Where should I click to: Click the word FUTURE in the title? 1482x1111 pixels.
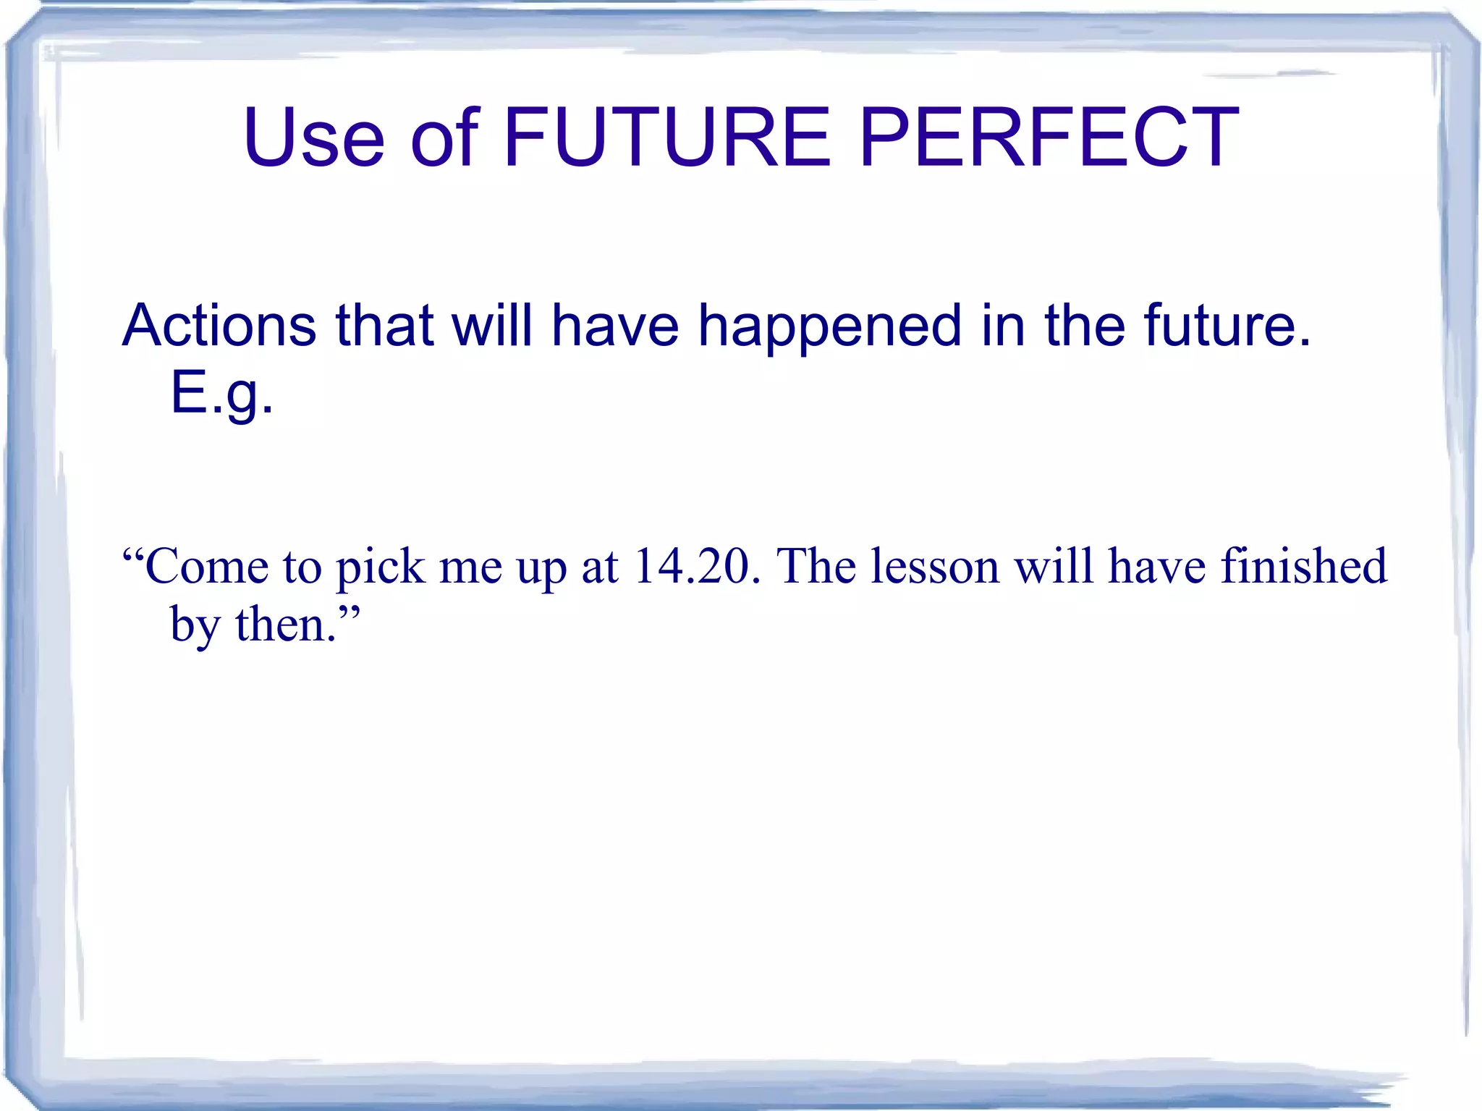pyautogui.click(x=666, y=138)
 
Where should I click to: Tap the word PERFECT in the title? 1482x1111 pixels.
pyautogui.click(x=1049, y=138)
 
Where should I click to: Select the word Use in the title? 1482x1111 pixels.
pyautogui.click(x=314, y=138)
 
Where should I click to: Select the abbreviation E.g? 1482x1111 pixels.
pyautogui.click(x=221, y=394)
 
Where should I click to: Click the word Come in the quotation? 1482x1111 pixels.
pyautogui.click(x=206, y=566)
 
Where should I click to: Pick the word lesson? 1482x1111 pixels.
pyautogui.click(x=934, y=566)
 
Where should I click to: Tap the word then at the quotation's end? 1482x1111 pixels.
pyautogui.click(x=286, y=624)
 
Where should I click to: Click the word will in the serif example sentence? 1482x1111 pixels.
pyautogui.click(x=1054, y=566)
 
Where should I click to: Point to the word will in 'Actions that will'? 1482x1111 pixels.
pyautogui.click(x=492, y=325)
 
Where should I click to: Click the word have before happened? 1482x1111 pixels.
pyautogui.click(x=615, y=325)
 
